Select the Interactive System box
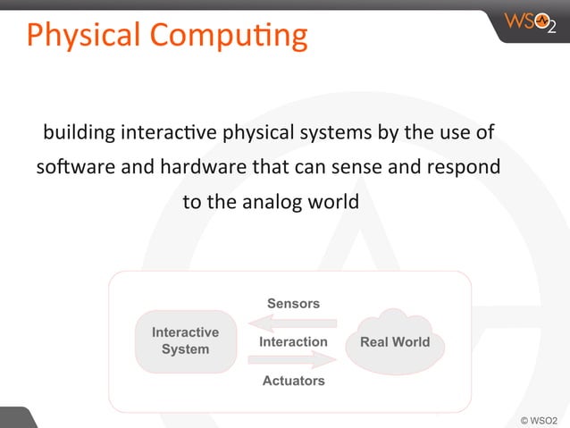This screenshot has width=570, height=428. (186, 341)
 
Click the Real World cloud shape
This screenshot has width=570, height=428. (393, 341)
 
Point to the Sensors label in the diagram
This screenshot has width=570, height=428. (293, 304)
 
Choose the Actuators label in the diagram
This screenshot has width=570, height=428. (293, 381)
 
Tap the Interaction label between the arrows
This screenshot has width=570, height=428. (293, 342)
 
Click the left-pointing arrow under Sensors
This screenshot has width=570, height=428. (292, 323)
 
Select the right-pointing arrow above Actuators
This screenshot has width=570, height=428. (292, 360)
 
